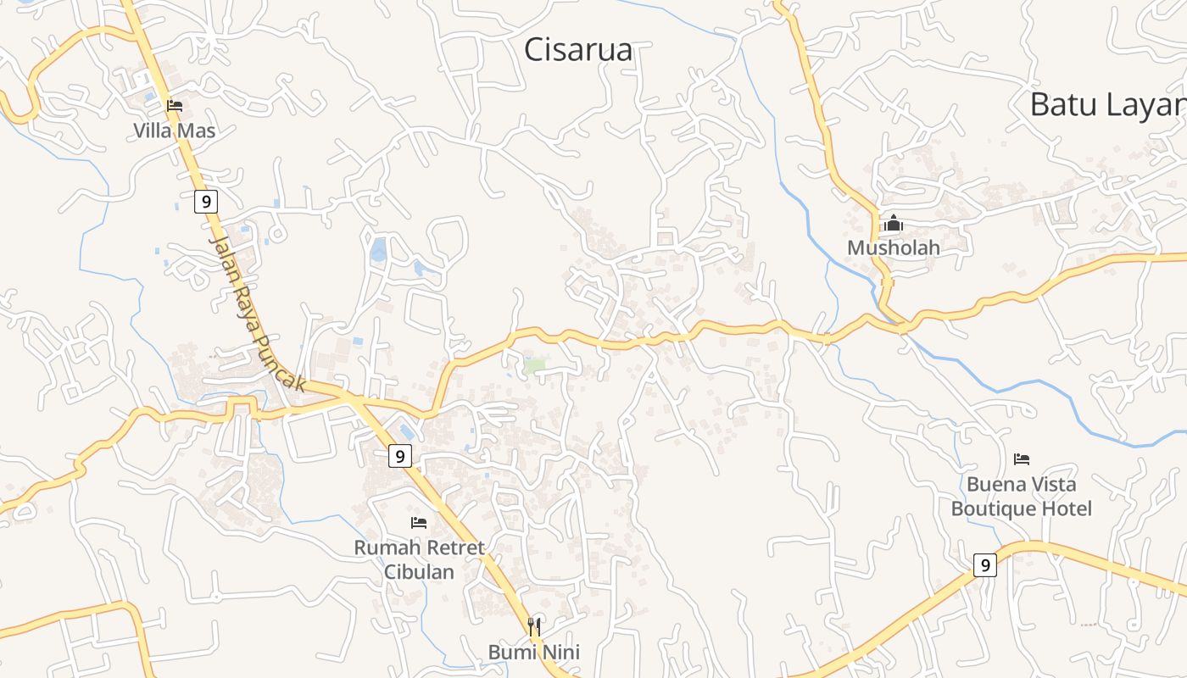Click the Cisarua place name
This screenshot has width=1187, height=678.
coord(578,50)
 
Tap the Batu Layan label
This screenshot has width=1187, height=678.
coord(1107,105)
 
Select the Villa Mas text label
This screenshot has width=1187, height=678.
coord(175,131)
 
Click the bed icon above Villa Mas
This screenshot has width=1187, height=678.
coord(175,106)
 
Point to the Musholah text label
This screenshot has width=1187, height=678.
coord(894,247)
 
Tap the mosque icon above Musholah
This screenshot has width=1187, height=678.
coord(893,224)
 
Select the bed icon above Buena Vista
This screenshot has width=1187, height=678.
coord(1022,459)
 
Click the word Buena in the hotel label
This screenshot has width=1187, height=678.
coord(996,485)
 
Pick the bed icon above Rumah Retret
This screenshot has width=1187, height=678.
coord(419,523)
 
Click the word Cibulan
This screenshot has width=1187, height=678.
coord(419,571)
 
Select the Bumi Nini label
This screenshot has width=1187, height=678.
coord(533,652)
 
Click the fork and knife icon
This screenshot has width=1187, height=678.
coord(534,627)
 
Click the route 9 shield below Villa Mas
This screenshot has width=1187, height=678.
coord(205,202)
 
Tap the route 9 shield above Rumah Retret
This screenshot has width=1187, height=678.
coord(400,456)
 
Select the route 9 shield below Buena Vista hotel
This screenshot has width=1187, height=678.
coord(984,564)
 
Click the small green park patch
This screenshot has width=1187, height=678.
coord(534,366)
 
